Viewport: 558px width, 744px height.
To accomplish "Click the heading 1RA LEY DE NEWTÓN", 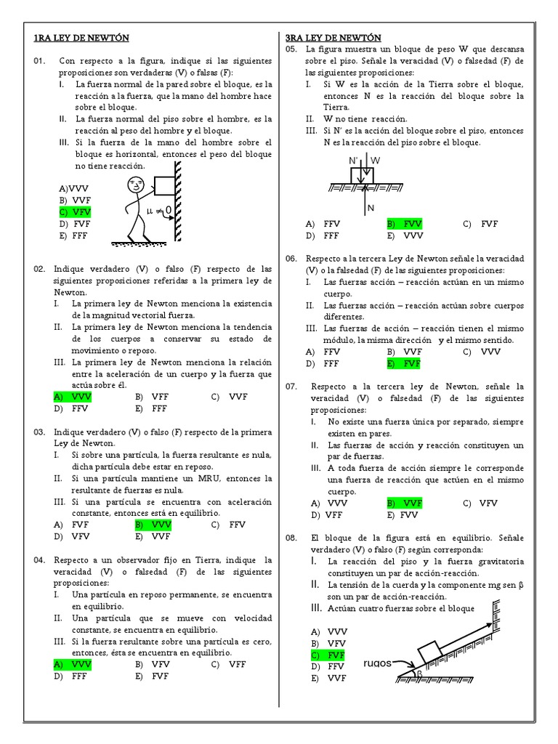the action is click(x=81, y=38).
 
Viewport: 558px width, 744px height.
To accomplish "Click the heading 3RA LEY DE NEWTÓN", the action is click(x=333, y=38).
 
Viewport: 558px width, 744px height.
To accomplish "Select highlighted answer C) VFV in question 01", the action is click(x=75, y=212).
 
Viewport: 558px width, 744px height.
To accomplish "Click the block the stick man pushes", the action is click(x=165, y=185).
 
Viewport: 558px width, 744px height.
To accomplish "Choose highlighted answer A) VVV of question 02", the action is click(x=73, y=397).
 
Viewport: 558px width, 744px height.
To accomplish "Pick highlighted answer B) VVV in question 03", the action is click(x=153, y=525).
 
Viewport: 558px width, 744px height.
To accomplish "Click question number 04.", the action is click(x=39, y=560).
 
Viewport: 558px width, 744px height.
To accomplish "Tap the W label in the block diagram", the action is click(x=376, y=161).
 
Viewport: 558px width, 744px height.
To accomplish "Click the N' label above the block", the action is click(x=354, y=161).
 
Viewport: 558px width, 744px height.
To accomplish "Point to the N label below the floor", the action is click(x=371, y=208).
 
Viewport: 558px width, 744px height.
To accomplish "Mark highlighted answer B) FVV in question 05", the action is click(x=404, y=224).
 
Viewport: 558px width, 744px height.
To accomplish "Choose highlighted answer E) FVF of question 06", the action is click(x=404, y=364).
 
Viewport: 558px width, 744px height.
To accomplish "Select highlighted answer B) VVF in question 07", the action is click(x=404, y=504).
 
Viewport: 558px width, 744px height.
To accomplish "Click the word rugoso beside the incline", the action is click(x=378, y=663).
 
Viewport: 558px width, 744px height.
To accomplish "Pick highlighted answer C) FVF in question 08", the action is click(x=328, y=655).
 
